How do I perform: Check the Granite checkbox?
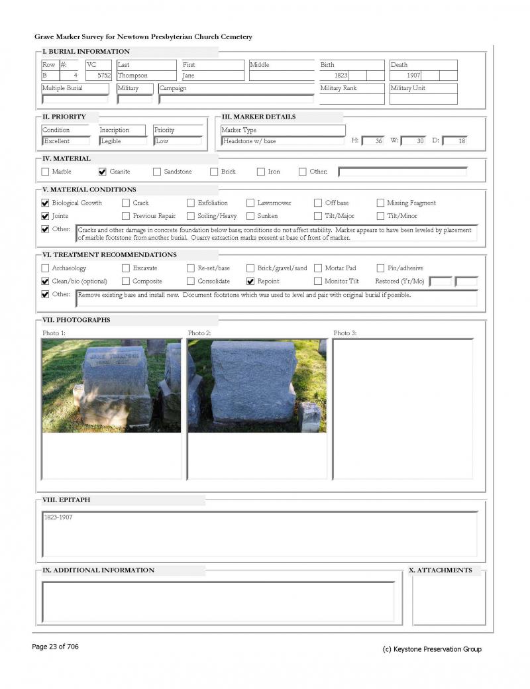(x=102, y=172)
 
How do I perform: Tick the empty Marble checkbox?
(x=45, y=172)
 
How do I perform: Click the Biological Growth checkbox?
(x=45, y=203)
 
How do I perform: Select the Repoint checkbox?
(x=250, y=281)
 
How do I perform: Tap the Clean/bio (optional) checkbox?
(x=45, y=281)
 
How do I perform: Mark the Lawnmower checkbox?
(x=250, y=203)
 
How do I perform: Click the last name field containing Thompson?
(x=146, y=76)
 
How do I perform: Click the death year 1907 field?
(x=413, y=76)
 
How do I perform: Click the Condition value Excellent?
(x=65, y=141)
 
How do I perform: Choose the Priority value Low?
(x=176, y=141)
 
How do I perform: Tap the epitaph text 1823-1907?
(x=58, y=517)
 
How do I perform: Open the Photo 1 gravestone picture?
(x=111, y=386)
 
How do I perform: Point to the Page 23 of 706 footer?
(x=55, y=647)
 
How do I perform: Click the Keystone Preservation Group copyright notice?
(x=432, y=649)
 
